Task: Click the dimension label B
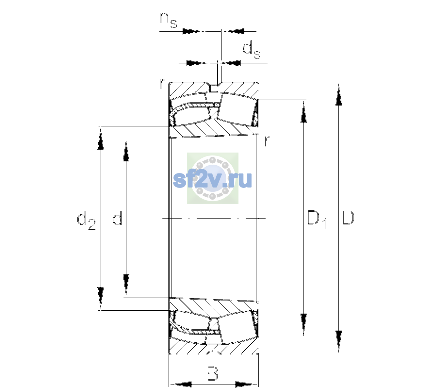click(213, 373)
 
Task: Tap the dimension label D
click(348, 218)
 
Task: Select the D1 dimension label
click(317, 220)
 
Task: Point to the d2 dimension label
click(87, 220)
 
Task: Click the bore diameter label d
click(117, 218)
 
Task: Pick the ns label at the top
click(168, 20)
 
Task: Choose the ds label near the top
click(251, 50)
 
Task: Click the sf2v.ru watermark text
click(212, 179)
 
